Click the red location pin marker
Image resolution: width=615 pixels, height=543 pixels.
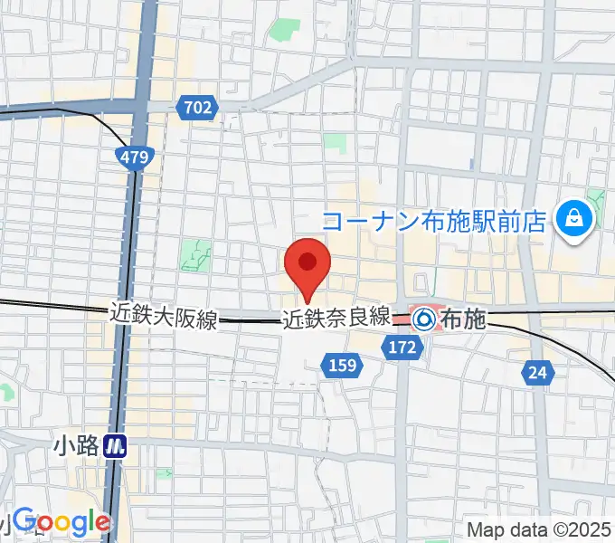point(307,265)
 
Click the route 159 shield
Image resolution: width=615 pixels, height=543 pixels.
point(343,366)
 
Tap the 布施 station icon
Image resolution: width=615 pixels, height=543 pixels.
point(422,319)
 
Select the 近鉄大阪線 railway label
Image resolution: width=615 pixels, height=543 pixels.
point(164,317)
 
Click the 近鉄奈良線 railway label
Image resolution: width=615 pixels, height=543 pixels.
point(336,318)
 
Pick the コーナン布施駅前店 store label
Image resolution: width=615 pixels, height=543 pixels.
point(436,220)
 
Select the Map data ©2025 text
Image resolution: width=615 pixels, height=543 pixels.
point(539,529)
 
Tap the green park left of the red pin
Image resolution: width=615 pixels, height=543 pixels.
point(194,255)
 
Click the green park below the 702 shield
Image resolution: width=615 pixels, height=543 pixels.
point(335,143)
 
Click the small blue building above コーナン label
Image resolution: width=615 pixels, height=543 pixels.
point(471,164)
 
